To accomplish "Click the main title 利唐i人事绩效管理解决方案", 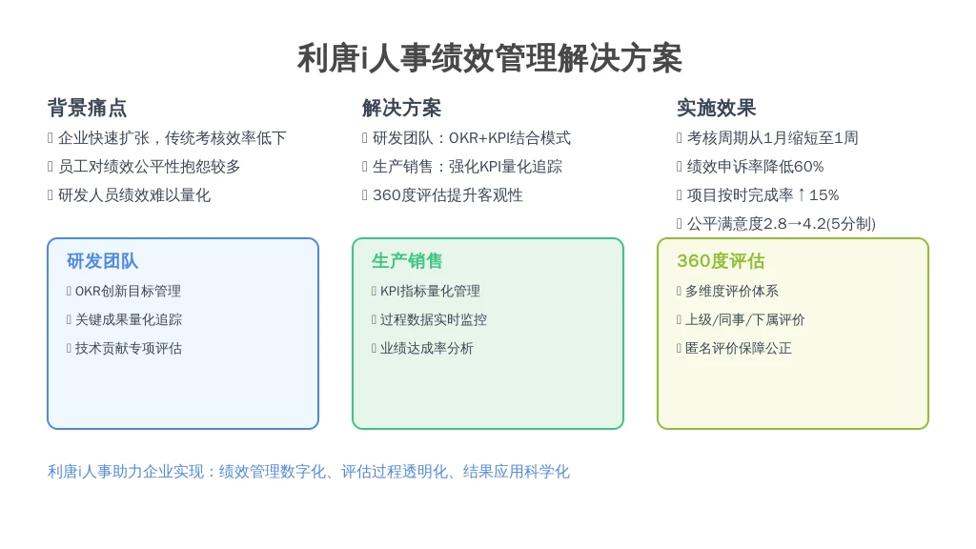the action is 489,58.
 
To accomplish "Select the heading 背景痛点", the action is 87,108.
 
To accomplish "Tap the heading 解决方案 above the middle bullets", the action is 401,108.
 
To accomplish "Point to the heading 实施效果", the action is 716,108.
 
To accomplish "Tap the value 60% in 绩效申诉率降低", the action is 808,167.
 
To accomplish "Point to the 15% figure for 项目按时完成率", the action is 824,195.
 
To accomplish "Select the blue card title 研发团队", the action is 102,261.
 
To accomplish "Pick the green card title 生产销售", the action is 407,261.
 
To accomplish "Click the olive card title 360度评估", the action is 721,261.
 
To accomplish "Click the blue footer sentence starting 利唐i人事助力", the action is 309,472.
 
